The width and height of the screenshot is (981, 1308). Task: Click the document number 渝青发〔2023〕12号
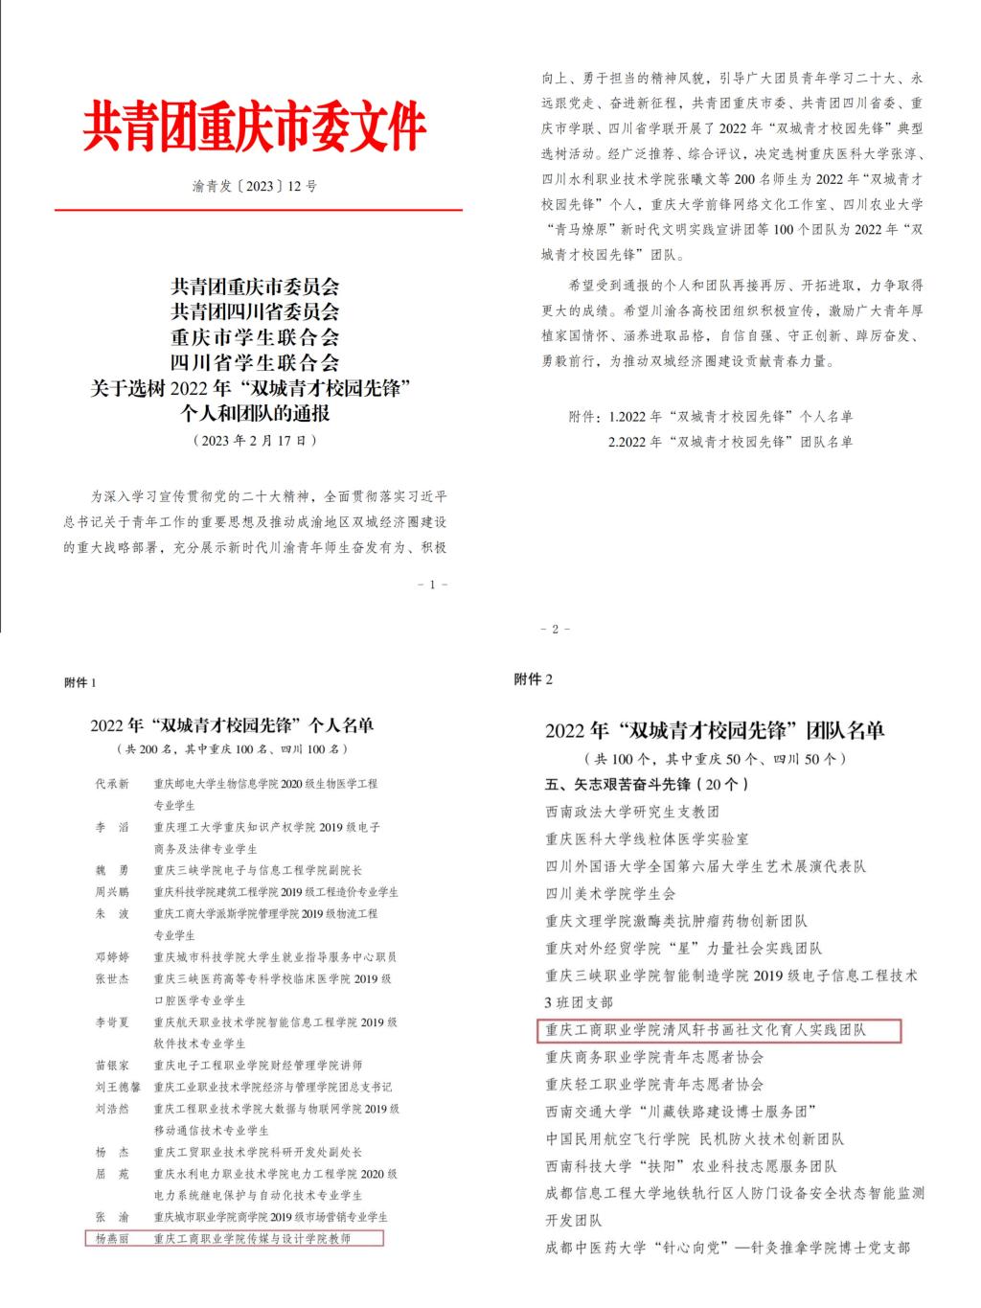point(254,186)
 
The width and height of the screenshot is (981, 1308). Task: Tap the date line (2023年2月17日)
point(254,441)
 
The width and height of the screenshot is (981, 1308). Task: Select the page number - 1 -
point(433,584)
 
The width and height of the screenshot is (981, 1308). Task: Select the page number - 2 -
point(556,629)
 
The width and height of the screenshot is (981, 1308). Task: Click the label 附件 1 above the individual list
point(80,682)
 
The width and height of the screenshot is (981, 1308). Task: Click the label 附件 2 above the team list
point(534,679)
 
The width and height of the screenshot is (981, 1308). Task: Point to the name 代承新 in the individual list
point(112,783)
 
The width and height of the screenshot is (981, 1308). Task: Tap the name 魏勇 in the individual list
point(112,870)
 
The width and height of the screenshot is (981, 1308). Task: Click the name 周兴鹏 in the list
point(112,891)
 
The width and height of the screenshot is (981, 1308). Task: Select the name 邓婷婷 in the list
point(112,956)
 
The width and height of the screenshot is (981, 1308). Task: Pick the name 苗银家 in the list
point(112,1065)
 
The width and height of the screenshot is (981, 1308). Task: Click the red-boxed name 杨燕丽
point(112,1238)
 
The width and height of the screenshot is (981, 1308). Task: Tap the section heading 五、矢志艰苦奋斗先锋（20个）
point(647,784)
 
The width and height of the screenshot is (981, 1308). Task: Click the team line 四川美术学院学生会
point(610,893)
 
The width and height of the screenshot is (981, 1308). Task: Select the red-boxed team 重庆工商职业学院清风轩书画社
point(705,1030)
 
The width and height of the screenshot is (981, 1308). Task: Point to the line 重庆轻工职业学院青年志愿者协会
point(654,1084)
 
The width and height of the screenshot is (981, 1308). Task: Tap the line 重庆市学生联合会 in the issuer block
point(254,337)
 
